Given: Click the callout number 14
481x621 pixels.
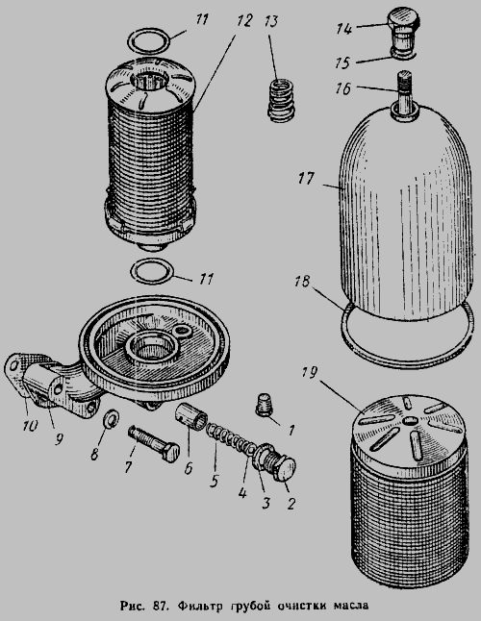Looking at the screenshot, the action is click(344, 29).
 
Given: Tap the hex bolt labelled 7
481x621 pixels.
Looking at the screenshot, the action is click(154, 442).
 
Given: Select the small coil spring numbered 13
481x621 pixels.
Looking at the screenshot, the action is click(282, 100).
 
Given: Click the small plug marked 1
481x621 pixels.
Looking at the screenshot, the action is click(265, 405).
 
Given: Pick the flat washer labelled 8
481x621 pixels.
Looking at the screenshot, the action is click(111, 418).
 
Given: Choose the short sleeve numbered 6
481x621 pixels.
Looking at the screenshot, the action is click(191, 415).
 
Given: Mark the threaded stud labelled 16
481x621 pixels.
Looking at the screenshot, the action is click(405, 94).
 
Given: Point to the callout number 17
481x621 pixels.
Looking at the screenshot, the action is click(306, 179).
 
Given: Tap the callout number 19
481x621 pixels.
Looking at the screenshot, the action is click(309, 373).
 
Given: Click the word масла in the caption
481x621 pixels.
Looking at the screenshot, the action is click(351, 606).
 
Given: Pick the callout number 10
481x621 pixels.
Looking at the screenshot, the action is click(30, 426).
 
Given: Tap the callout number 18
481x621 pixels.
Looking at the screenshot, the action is click(302, 283).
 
